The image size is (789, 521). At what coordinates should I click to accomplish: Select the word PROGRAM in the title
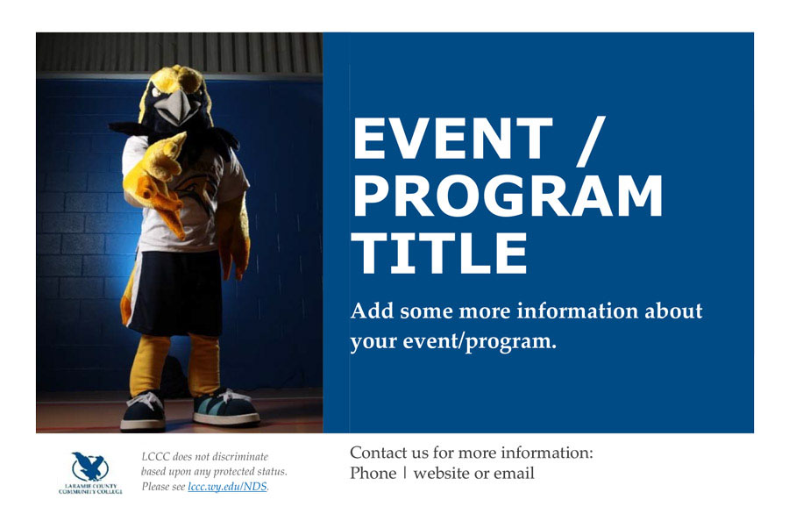point(508,196)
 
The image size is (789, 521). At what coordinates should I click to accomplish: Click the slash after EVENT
point(591,141)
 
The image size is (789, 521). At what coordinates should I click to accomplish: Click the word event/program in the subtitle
point(480,342)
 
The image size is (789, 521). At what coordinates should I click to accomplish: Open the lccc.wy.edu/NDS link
point(227,487)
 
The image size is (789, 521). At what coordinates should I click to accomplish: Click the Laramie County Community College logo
point(90,473)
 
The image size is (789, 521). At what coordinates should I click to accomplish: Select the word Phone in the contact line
point(373,473)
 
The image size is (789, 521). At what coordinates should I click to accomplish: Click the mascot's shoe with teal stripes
point(225,407)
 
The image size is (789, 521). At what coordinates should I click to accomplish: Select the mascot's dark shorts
point(176,292)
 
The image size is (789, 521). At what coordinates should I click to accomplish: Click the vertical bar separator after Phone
point(404,473)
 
